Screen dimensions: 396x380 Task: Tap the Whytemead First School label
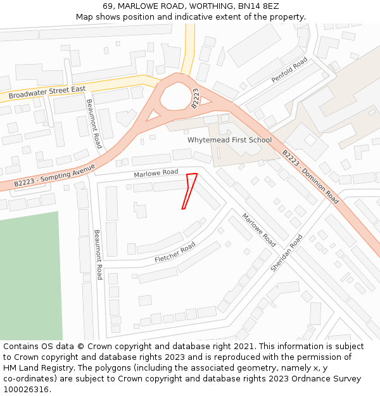(x=229, y=140)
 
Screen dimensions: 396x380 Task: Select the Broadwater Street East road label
(x=47, y=93)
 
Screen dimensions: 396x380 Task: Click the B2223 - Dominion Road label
(x=310, y=177)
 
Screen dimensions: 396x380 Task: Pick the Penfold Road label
(x=289, y=70)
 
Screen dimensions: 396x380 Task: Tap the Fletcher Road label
(x=175, y=252)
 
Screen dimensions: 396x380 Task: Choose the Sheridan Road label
(x=286, y=253)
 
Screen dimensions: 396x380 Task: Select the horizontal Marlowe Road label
(x=156, y=173)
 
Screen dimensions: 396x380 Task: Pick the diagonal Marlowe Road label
(x=258, y=230)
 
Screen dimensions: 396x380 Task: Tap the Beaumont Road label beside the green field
(x=98, y=255)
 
